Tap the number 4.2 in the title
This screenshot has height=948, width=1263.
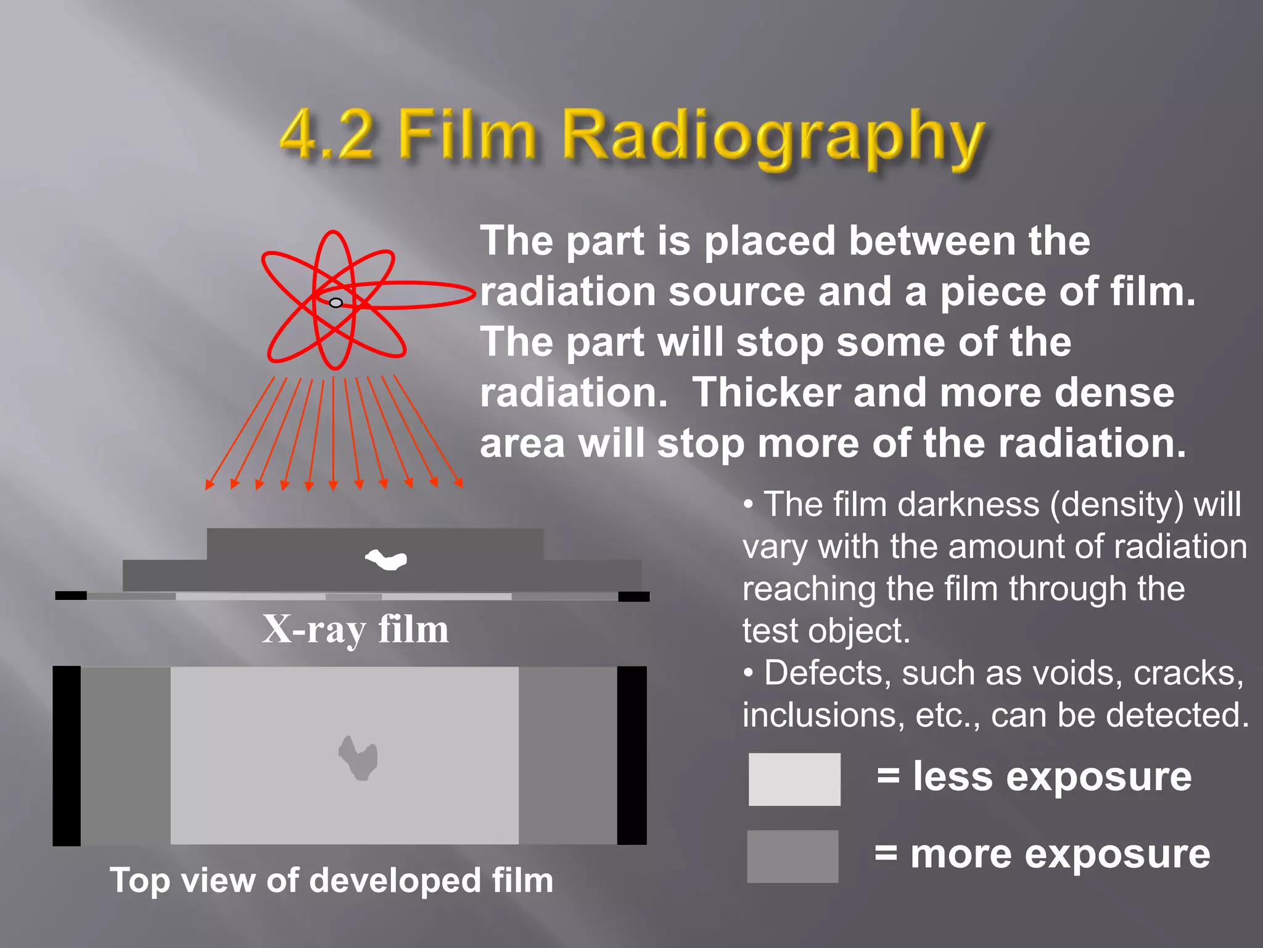327,135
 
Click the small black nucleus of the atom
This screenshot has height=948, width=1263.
335,302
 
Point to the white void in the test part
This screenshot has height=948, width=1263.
387,559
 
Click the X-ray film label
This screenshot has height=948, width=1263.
355,630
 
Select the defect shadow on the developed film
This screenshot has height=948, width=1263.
358,757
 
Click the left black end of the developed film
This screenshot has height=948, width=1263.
67,755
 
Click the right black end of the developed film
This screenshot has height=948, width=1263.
631,755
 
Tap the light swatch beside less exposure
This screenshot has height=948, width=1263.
794,779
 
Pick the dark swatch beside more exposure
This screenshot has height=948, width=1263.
792,856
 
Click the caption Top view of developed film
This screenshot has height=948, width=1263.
331,880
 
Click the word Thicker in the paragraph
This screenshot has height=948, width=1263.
767,393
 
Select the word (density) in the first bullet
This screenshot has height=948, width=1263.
1117,505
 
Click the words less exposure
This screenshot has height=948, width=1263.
1052,776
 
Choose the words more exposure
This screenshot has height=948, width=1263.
1060,855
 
